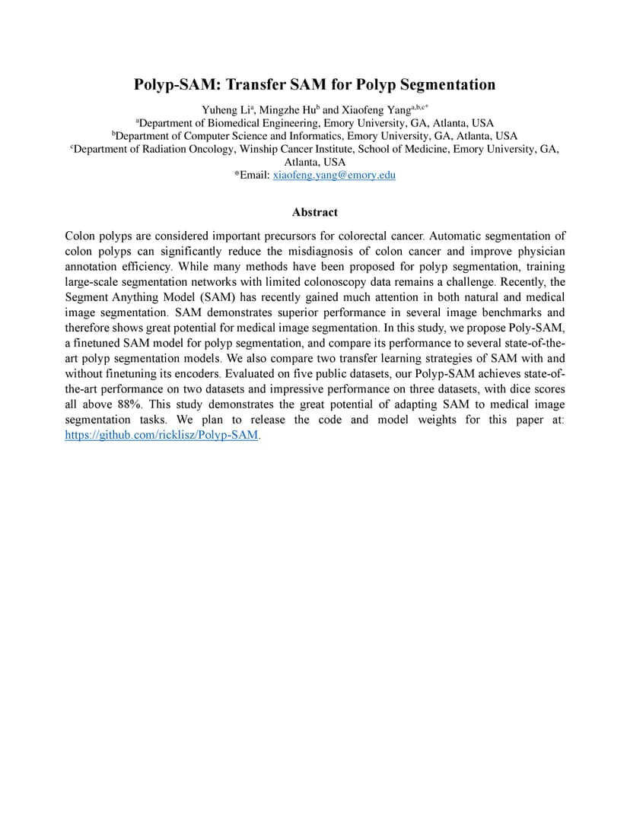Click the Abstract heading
point(314,212)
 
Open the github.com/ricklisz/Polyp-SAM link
point(162,436)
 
